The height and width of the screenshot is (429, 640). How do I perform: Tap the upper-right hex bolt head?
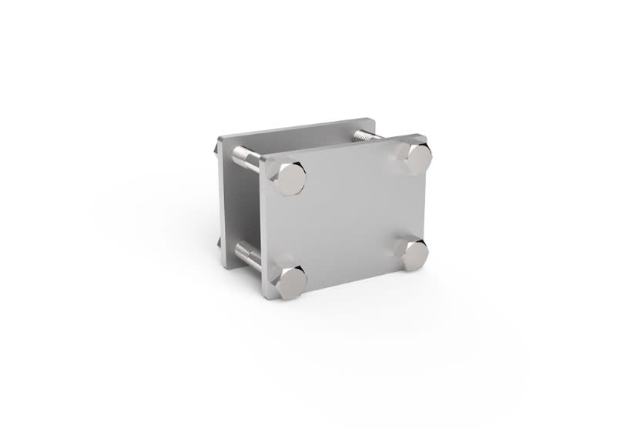click(x=415, y=158)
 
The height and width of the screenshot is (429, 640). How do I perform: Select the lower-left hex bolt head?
click(x=290, y=282)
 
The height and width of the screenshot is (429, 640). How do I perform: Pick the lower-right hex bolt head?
click(x=413, y=253)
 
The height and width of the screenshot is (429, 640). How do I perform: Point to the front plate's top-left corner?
click(x=263, y=158)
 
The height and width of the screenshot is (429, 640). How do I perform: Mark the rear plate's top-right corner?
click(x=373, y=120)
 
